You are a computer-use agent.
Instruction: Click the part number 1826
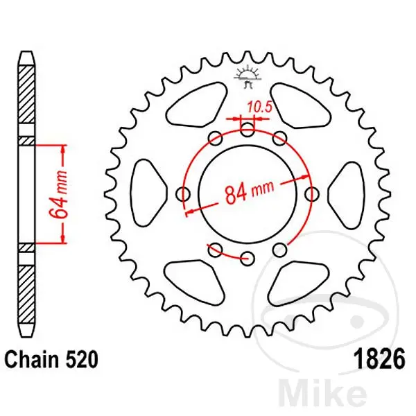379,359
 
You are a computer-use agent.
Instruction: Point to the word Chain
32,359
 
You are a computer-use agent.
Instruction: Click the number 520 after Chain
81,360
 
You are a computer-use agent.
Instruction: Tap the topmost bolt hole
248,130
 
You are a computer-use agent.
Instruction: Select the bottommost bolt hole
248,258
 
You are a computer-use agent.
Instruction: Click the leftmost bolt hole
183,194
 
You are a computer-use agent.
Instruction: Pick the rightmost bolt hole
312,194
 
